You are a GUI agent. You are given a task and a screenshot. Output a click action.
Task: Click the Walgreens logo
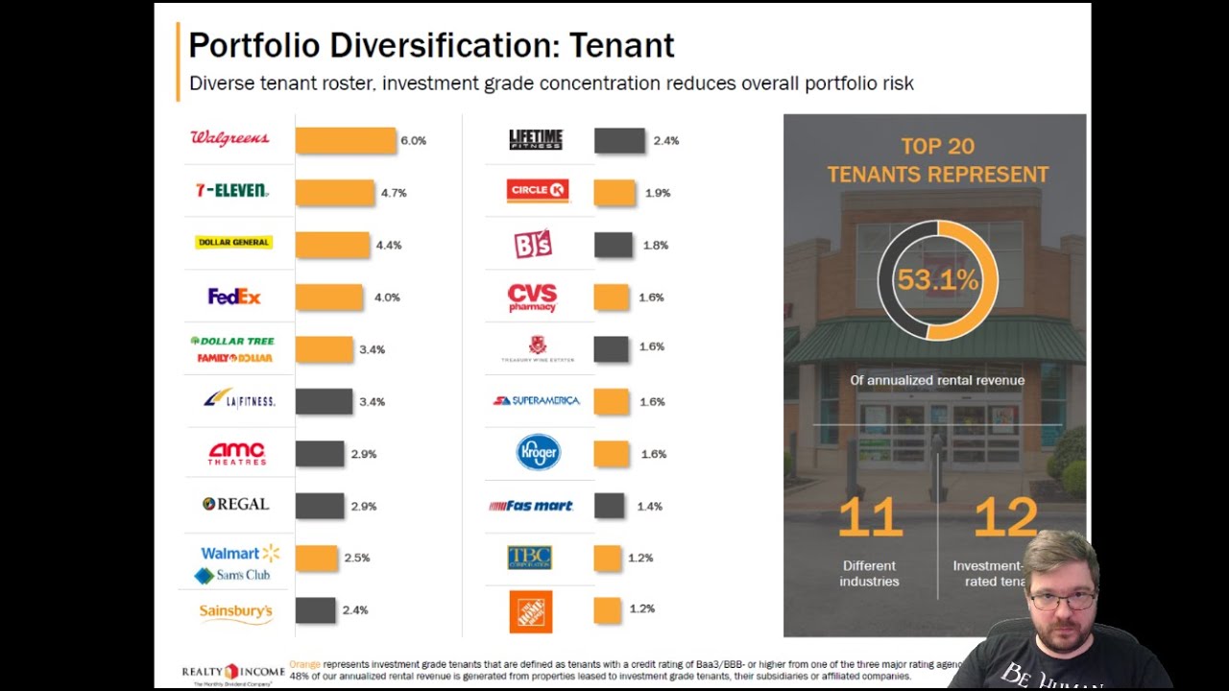(229, 138)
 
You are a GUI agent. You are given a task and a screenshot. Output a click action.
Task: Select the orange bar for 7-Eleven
(334, 193)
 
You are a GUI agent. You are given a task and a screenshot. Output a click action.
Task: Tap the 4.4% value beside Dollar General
(389, 246)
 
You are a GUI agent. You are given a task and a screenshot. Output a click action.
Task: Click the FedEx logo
(234, 297)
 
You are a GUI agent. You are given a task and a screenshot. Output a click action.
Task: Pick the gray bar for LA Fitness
(324, 401)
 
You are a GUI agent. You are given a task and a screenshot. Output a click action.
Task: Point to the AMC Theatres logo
(236, 453)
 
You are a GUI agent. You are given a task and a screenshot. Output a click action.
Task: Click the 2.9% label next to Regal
(364, 506)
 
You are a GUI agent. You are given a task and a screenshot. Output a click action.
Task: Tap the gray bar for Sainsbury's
(315, 609)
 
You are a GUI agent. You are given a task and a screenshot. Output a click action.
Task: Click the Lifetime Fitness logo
(536, 139)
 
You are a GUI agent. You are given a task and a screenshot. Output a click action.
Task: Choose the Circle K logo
(538, 191)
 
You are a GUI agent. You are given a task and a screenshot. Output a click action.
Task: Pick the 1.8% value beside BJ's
(656, 246)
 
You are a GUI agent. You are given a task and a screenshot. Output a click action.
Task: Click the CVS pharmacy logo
(532, 297)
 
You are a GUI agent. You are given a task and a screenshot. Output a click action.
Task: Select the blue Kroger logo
(538, 452)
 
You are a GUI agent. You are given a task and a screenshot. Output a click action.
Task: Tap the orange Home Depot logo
(531, 611)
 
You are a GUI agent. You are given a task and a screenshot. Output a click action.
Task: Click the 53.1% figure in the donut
(937, 280)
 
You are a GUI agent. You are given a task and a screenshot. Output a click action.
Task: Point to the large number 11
(870, 518)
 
